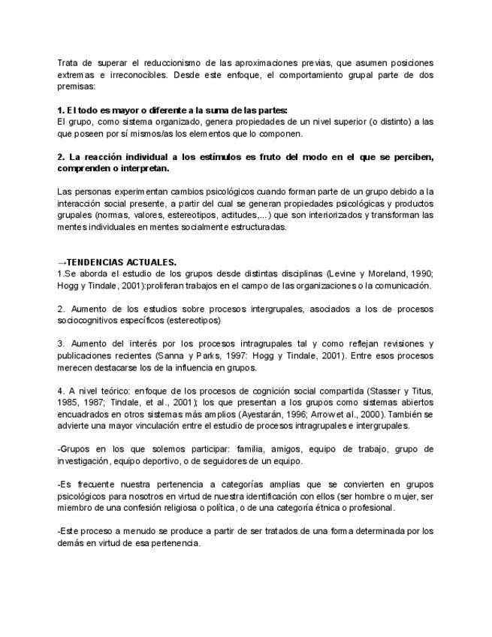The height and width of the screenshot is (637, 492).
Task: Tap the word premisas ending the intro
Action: [75, 86]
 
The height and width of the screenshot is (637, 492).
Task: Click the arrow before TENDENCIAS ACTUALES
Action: [62, 262]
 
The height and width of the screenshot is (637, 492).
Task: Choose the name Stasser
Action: [382, 391]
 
